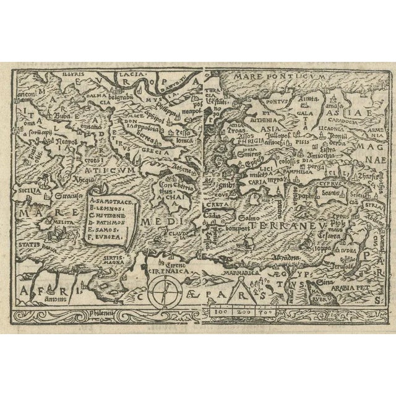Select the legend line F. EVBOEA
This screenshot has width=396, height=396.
coord(106,236)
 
